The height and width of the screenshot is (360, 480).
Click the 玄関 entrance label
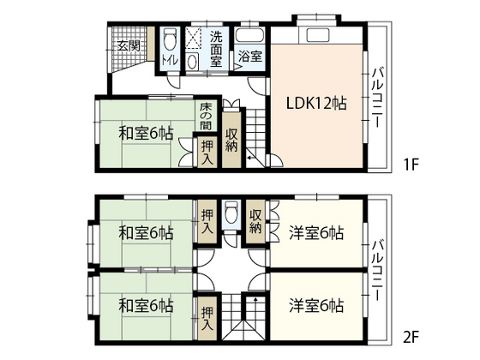click(129, 45)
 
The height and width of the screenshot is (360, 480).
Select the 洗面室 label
click(216, 49)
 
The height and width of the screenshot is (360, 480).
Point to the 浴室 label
click(249, 57)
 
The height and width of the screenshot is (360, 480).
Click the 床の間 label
click(206, 117)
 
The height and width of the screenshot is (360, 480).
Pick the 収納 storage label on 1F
click(232, 140)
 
